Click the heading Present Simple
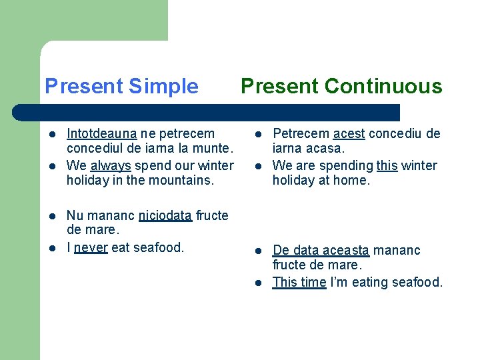point(121,86)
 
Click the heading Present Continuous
point(341,86)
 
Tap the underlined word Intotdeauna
point(101,134)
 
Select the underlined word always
point(111,166)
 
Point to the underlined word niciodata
point(165,215)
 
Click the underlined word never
point(91,247)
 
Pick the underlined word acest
point(349,134)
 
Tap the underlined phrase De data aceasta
point(321,251)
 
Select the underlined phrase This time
point(299,282)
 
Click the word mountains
point(181,180)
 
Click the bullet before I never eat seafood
point(53,248)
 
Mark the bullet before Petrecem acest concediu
point(259,134)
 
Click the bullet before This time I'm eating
point(259,283)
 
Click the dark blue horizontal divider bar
point(206,113)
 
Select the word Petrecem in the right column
point(301,134)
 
